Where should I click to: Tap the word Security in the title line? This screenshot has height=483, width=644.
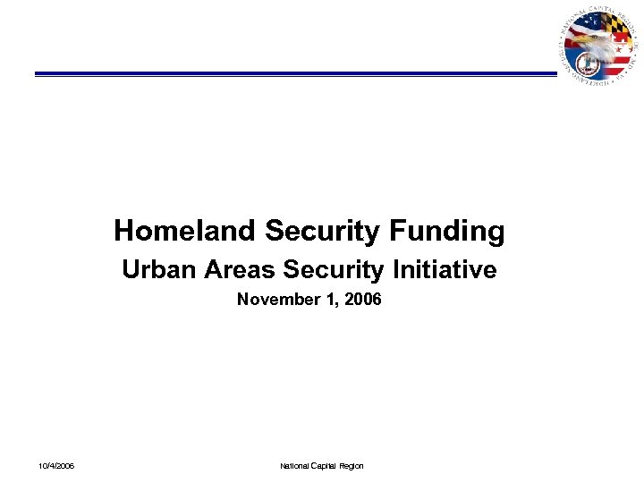[323, 232]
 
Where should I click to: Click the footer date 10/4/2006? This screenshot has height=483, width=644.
[56, 466]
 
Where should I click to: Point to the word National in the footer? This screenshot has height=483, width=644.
[295, 466]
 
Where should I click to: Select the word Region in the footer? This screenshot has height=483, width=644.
[352, 466]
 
